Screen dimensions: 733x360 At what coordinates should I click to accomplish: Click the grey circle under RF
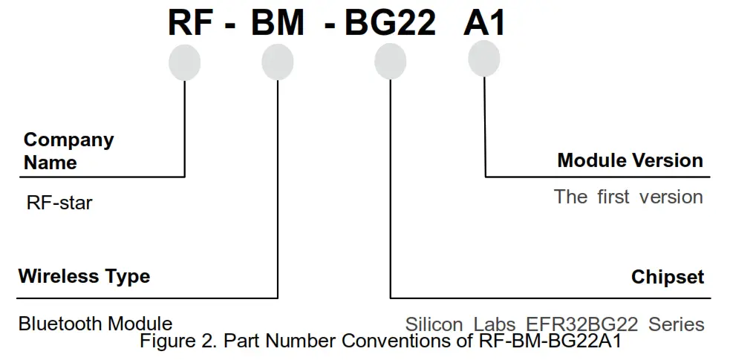click(x=184, y=62)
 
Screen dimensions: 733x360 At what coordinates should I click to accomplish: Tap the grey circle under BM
click(x=278, y=62)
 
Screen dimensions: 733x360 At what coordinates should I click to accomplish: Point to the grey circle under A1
click(x=484, y=58)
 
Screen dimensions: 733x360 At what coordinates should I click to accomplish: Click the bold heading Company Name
click(x=68, y=151)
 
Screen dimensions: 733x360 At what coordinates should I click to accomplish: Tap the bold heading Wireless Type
click(x=84, y=277)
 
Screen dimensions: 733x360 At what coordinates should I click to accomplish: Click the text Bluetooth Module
click(x=95, y=324)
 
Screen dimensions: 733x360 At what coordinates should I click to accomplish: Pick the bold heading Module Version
click(x=630, y=160)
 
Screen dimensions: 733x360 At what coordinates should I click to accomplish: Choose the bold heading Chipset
click(x=667, y=277)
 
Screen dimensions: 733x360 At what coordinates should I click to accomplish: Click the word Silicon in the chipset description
click(x=434, y=325)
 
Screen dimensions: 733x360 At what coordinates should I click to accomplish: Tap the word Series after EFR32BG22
click(x=676, y=325)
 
